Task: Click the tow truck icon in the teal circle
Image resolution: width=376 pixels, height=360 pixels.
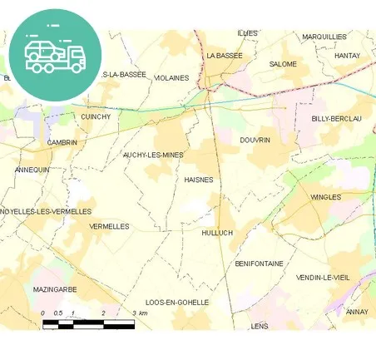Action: click(55, 52)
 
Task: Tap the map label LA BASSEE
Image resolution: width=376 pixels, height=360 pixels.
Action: click(223, 55)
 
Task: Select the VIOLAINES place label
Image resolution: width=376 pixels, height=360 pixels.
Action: click(171, 78)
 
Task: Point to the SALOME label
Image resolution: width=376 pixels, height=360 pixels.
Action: click(283, 64)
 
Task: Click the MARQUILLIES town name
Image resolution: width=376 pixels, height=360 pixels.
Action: click(324, 37)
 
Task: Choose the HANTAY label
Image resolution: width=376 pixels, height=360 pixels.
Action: click(346, 56)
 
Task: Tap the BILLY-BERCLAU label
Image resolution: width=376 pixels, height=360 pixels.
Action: click(336, 119)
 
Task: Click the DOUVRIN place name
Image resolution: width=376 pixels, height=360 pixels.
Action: click(255, 140)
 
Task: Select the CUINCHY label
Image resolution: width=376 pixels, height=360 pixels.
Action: click(96, 117)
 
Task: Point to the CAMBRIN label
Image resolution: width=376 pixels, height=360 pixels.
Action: click(62, 142)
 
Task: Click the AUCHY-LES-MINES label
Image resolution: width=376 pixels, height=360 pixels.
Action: click(153, 155)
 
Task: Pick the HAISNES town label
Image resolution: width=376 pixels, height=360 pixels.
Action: click(198, 180)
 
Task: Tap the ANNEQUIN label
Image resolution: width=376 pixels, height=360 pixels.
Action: click(32, 170)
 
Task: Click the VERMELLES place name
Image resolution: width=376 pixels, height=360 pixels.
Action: click(109, 226)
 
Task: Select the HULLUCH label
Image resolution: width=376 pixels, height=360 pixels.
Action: click(217, 233)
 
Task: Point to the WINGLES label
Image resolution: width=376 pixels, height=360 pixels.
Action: click(326, 197)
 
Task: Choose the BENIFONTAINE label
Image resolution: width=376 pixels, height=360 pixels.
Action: click(259, 264)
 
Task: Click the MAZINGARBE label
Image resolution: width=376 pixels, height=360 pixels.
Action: click(55, 289)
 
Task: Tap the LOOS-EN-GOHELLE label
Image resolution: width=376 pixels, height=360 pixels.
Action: click(177, 303)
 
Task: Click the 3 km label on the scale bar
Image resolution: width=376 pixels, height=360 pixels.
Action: click(139, 313)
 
